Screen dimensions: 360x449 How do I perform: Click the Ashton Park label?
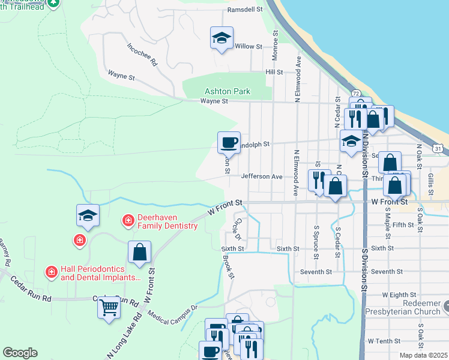pos(227,92)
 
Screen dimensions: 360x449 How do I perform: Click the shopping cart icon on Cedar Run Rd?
pos(109,308)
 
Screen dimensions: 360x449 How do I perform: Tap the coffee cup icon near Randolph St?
pos(229,143)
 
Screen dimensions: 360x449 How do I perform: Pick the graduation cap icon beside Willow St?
pos(221,38)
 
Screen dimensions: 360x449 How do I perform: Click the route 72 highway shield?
pos(356,94)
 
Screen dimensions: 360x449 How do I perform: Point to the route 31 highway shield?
pos(439,148)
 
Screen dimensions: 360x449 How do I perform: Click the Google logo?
pos(20,352)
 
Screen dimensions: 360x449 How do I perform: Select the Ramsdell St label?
pos(245,10)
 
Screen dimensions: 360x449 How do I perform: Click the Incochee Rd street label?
pos(142,54)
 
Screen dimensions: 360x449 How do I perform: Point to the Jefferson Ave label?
pos(262,177)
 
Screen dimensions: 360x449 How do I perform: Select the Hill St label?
pos(274,72)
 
